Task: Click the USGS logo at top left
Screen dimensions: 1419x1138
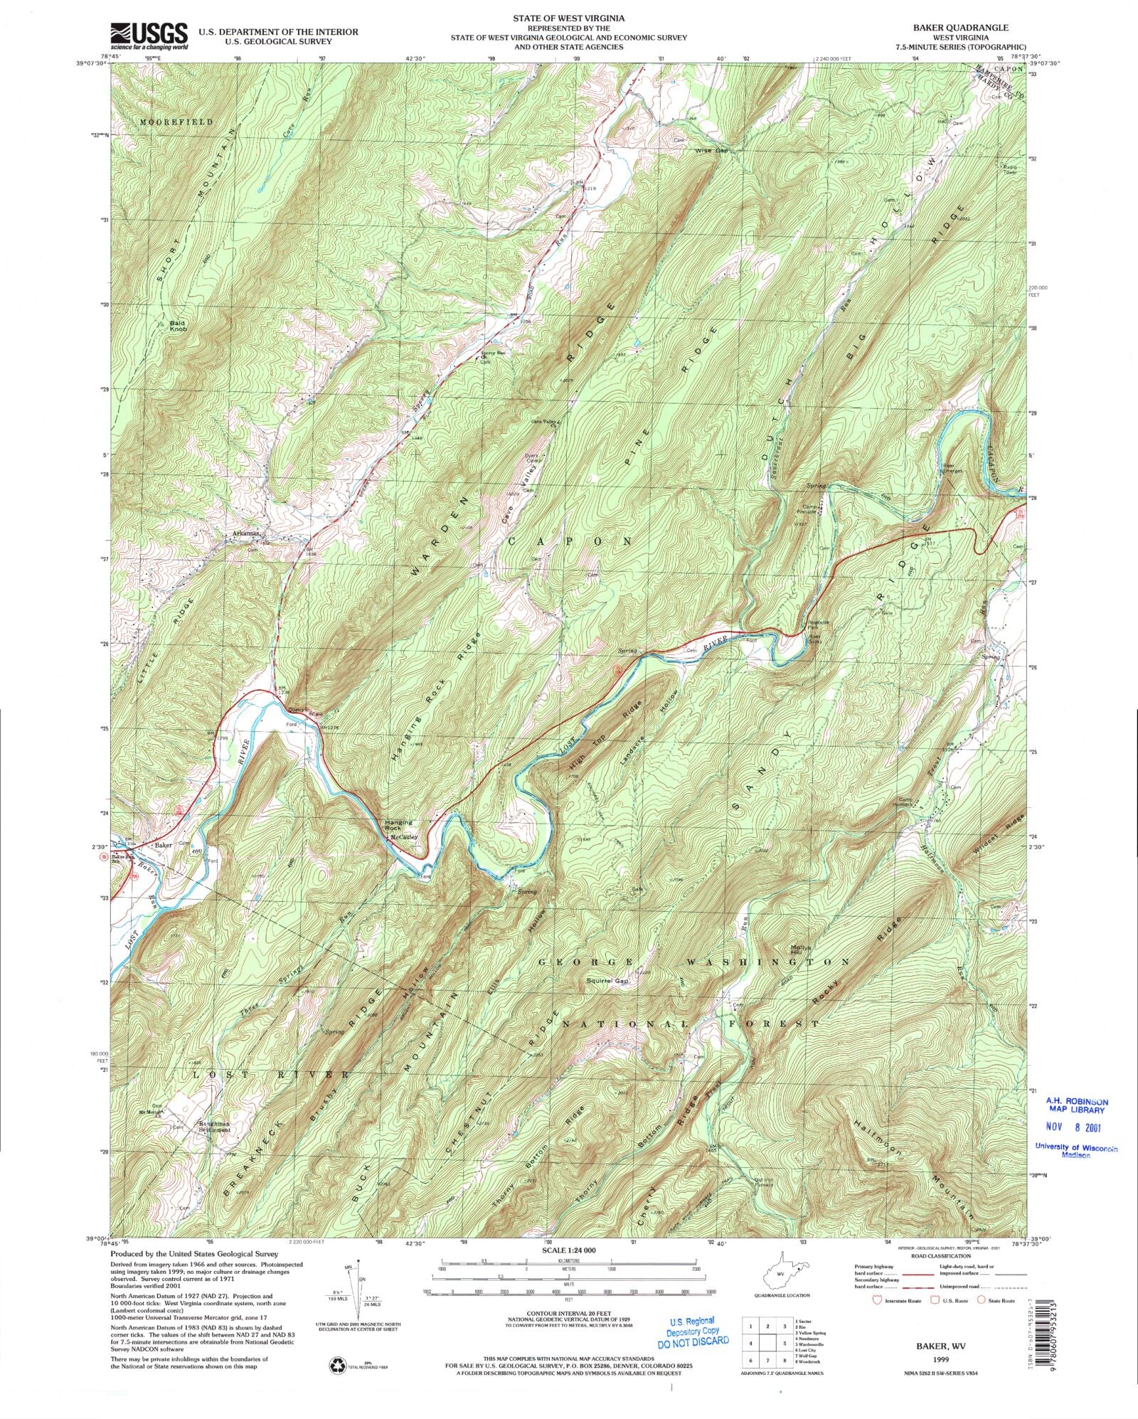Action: tap(149, 36)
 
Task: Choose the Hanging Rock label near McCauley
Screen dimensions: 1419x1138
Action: tap(398, 825)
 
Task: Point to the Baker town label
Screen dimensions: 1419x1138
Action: tap(164, 845)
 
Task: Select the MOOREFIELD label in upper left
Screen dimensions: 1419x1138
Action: tap(176, 122)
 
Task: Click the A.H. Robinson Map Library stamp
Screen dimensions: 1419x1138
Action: tap(1075, 1106)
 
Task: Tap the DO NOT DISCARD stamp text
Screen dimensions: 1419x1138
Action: tap(693, 1341)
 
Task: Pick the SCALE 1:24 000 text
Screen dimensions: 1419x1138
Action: tap(568, 1250)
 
